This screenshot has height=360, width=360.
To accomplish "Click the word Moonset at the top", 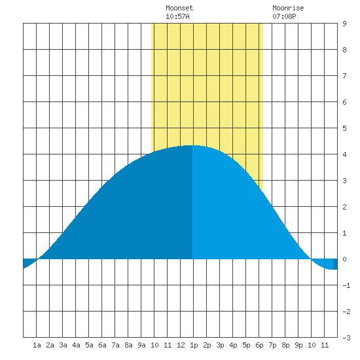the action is pyautogui.click(x=179, y=8).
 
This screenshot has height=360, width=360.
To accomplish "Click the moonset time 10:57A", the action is pyautogui.click(x=177, y=16).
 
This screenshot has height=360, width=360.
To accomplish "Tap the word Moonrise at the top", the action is pyautogui.click(x=288, y=8).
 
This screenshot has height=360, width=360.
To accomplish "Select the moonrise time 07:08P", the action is pyautogui.click(x=284, y=16).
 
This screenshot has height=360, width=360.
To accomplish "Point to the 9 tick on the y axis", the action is pyautogui.click(x=344, y=24).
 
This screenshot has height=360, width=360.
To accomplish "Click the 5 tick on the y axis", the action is pyautogui.click(x=344, y=128).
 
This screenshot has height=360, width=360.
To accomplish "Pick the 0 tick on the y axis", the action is pyautogui.click(x=344, y=259).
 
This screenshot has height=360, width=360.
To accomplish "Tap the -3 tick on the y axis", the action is pyautogui.click(x=346, y=338).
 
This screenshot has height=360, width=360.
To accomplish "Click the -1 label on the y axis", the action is pyautogui.click(x=346, y=285).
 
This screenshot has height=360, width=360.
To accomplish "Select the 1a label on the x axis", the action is pyautogui.click(x=37, y=345).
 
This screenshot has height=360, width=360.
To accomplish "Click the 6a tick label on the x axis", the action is pyautogui.click(x=102, y=345).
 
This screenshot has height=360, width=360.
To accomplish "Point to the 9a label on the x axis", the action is pyautogui.click(x=141, y=345).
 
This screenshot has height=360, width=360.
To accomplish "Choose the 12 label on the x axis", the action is pyautogui.click(x=181, y=345).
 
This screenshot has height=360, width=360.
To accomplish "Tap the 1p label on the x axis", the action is pyautogui.click(x=194, y=345).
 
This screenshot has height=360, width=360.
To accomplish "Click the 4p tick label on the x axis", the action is pyautogui.click(x=233, y=345).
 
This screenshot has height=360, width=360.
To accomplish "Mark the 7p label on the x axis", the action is pyautogui.click(x=272, y=345).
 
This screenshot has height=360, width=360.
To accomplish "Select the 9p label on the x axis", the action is pyautogui.click(x=298, y=345).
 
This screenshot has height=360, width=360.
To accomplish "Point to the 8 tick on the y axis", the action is pyautogui.click(x=344, y=50).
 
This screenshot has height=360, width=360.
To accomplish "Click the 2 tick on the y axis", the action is pyautogui.click(x=344, y=207).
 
